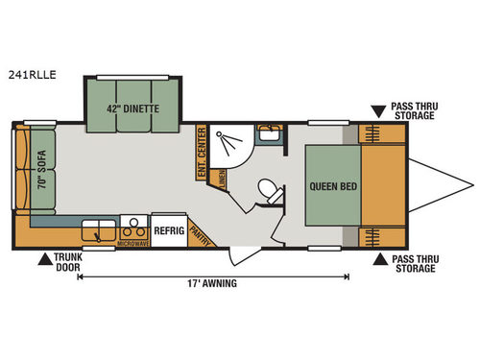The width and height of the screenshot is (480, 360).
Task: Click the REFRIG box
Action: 170,231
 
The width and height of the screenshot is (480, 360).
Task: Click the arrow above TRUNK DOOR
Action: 44,257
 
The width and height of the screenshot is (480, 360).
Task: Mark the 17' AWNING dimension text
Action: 213,283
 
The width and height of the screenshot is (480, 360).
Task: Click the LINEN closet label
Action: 222,177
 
